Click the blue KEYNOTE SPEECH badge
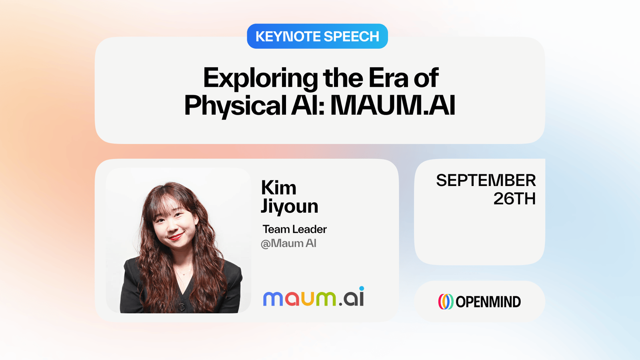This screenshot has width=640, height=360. [x=317, y=36]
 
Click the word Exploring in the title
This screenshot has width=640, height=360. [x=260, y=78]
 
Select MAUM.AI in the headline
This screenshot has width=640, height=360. [x=392, y=105]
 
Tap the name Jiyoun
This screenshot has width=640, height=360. [x=290, y=206]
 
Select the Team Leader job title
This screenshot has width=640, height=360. [x=294, y=229]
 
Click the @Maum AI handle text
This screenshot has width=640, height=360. [x=288, y=244]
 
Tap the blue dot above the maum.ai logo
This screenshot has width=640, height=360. [x=362, y=288]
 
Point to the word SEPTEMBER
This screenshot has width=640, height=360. [x=486, y=180]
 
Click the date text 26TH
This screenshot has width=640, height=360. [x=514, y=198]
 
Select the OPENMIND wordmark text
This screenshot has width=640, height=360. [x=488, y=302]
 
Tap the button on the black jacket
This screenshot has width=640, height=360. [x=182, y=307]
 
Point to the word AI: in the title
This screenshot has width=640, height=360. [x=308, y=105]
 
